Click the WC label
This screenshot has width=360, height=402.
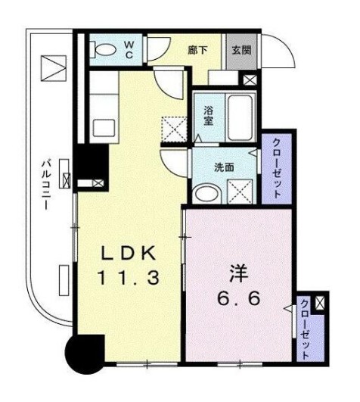(129, 51)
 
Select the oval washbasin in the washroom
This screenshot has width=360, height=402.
(204, 193)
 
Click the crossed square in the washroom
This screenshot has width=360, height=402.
(241, 192)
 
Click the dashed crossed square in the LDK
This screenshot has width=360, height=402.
(176, 129)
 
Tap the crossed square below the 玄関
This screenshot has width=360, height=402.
(251, 78)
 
